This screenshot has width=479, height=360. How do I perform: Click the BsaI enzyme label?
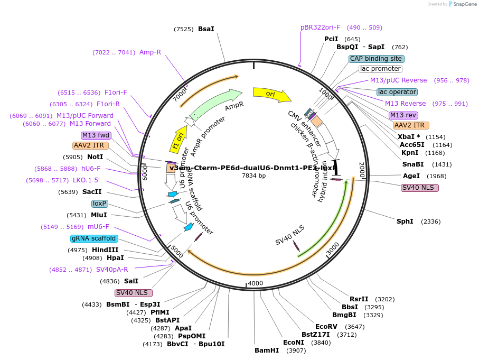206,29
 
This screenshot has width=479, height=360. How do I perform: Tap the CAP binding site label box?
376,59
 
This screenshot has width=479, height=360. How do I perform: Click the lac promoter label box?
380,69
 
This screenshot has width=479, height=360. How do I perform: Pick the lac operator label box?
397,92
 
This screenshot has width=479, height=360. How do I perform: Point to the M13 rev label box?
403,115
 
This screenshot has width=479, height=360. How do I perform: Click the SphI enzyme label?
405,221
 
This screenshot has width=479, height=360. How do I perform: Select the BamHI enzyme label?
267,350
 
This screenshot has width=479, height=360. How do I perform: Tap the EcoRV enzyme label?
326,327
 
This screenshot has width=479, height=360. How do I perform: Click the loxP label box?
99,204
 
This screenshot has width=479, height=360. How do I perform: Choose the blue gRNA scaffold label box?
94,238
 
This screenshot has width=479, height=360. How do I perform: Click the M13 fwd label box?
96,135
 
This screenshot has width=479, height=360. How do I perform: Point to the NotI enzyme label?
95,157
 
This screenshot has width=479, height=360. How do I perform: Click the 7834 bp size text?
253,176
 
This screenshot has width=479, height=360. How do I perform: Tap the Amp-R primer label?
150,52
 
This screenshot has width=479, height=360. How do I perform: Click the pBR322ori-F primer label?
320,27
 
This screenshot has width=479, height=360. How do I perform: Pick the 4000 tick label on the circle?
255,283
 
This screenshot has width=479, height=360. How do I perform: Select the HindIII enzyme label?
106,250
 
